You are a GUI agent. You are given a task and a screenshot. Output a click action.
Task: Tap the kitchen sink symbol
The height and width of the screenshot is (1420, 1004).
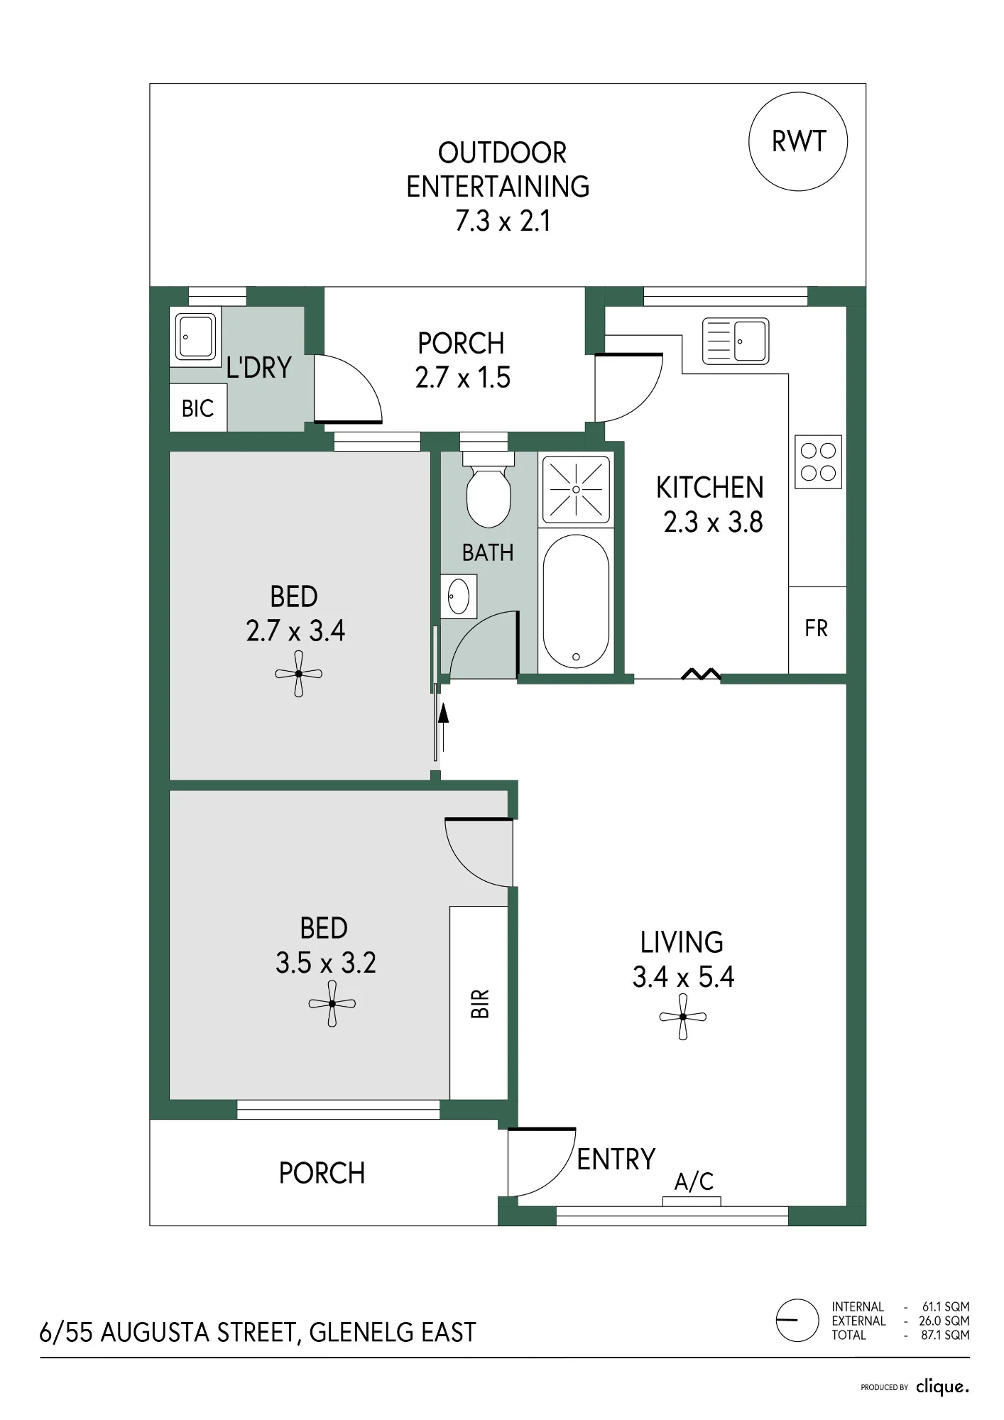736,341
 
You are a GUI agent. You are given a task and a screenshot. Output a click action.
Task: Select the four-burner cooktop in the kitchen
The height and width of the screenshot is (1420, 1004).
818,461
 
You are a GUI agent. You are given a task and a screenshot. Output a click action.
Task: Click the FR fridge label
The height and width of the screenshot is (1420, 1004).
816,628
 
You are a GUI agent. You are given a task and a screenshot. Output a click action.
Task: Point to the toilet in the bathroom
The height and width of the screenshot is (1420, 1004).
489,489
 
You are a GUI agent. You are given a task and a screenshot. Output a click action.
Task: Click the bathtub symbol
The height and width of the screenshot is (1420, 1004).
576,601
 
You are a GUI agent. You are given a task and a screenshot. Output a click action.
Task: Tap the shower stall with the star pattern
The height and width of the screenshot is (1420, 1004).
576,489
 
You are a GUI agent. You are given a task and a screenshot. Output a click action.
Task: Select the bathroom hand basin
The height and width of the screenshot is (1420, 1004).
459,596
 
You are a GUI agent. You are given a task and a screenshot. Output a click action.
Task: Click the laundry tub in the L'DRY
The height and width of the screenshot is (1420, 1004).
195,337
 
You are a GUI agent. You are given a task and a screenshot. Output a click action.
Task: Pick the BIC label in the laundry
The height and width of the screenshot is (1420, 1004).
197,408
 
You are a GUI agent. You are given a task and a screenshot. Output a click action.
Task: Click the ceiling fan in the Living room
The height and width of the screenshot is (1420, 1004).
683,1017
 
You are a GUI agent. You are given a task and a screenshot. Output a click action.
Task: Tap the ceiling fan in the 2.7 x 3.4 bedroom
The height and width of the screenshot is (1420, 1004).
299,674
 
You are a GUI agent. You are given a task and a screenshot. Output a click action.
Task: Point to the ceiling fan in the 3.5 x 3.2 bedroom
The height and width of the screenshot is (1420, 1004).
332,1004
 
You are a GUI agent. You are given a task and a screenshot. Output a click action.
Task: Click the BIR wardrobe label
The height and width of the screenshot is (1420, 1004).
480,1004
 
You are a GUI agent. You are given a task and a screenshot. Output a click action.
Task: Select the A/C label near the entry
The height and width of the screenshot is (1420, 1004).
694,1181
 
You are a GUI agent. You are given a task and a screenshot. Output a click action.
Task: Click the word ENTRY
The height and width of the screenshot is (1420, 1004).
616,1159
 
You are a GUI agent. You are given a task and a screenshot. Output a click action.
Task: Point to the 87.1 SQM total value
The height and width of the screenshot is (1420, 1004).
945,1335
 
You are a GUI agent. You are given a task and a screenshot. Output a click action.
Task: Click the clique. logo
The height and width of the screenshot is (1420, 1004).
942,1387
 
